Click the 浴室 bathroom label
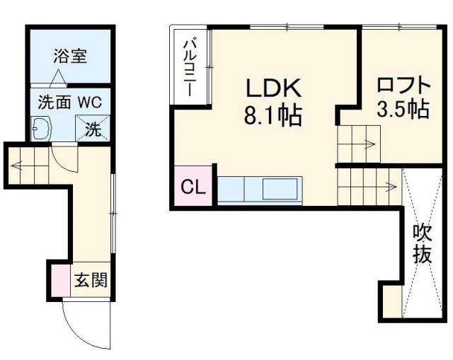(70, 57)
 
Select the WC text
(90, 101)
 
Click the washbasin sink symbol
(42, 129)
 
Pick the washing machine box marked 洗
(93, 129)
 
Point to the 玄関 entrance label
(91, 281)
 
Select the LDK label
(274, 88)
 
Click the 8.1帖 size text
(273, 115)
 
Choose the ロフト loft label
(403, 85)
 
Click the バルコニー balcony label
(190, 67)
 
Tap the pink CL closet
(193, 187)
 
